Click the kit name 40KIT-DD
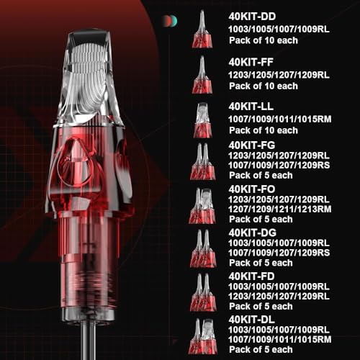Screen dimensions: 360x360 click(x=252, y=17)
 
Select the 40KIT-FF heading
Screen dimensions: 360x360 click(x=251, y=63)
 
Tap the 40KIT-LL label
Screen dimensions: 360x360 click(x=251, y=107)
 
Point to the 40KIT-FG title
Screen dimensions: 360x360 click(x=252, y=145)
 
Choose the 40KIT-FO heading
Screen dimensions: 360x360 click(x=252, y=189)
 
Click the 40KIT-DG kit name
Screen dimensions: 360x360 click(x=252, y=233)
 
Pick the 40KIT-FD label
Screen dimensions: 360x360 click(x=251, y=276)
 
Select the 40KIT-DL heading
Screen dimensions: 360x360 click(x=251, y=320)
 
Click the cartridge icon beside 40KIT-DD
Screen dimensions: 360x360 click(x=202, y=29)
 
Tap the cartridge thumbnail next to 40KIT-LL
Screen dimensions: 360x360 click(x=203, y=120)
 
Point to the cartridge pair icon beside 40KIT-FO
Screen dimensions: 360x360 click(x=202, y=206)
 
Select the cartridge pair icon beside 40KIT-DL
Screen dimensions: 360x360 click(x=202, y=336)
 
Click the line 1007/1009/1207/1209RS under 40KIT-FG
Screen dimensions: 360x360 click(x=279, y=166)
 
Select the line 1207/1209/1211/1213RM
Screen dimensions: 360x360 click(x=279, y=210)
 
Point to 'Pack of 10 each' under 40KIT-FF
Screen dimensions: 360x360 click(x=264, y=86)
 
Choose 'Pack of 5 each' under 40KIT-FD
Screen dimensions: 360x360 click(x=261, y=307)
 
